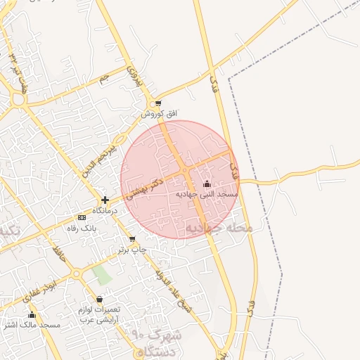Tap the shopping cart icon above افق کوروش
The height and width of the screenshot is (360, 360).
(x=159, y=103)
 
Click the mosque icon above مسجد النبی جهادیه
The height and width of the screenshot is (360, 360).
(x=206, y=184)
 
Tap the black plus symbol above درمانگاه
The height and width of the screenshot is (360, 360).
(x=105, y=200)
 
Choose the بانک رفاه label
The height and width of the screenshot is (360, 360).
(x=80, y=228)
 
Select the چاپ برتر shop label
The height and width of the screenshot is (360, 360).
(x=132, y=249)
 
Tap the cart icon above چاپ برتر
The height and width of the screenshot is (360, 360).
(x=132, y=239)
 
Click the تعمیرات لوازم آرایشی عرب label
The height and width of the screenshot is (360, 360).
(x=99, y=314)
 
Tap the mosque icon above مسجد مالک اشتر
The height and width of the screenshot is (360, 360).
(x=32, y=315)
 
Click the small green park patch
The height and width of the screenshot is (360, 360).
(x=103, y=275)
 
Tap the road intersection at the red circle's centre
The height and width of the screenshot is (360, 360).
(x=184, y=171)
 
